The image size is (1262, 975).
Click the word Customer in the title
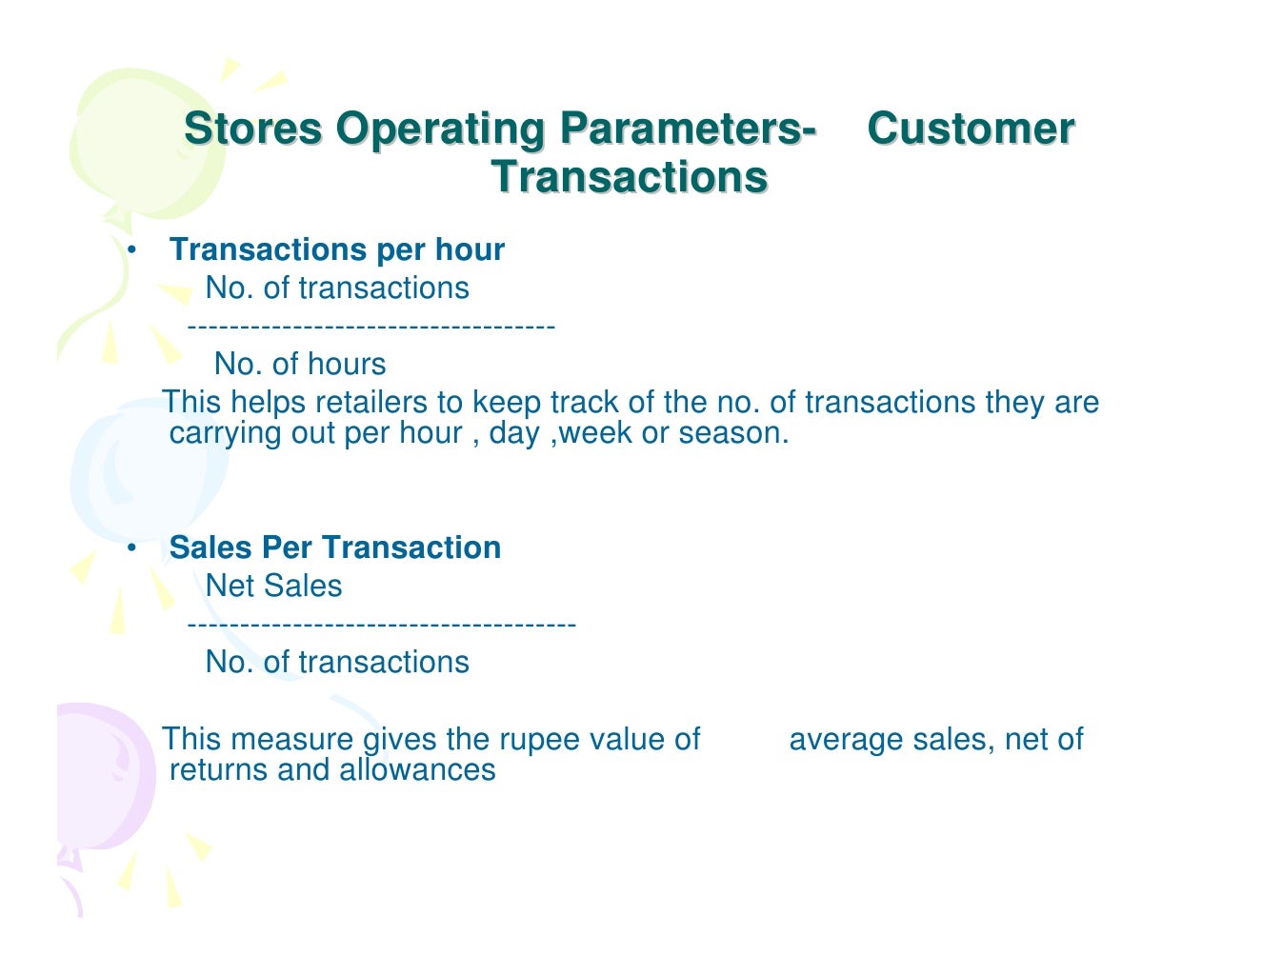[x=971, y=129]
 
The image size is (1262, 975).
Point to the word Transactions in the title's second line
[x=630, y=177]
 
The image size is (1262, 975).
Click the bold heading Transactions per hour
[x=336, y=249]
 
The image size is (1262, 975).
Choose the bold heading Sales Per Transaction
[x=334, y=547]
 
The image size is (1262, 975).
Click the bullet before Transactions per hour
[x=132, y=249]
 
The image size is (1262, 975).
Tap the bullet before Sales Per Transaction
[x=132, y=547]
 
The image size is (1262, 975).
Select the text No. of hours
[x=300, y=364]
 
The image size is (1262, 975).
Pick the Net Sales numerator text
[x=273, y=586]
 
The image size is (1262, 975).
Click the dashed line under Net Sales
[x=381, y=625]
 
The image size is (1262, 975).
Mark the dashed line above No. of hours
[x=371, y=328]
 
